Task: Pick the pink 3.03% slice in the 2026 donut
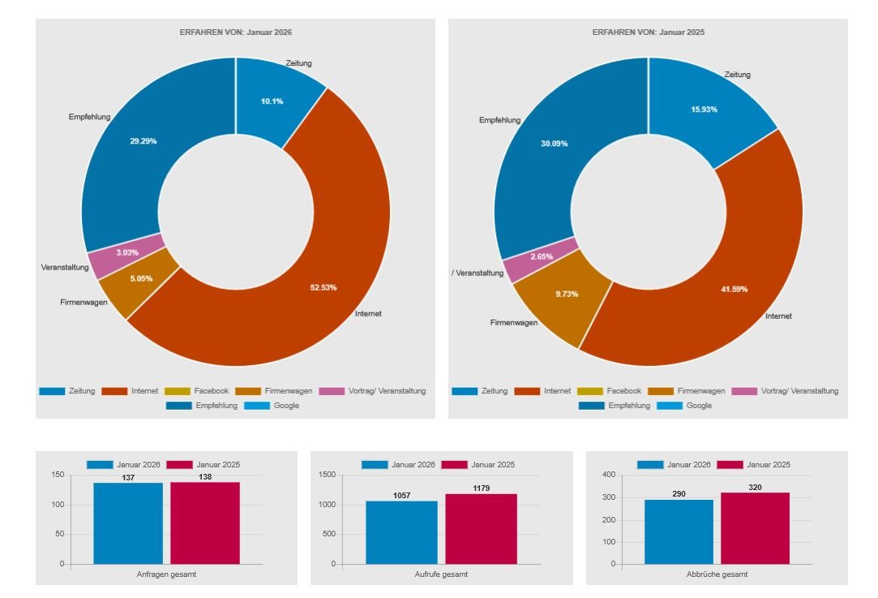click(126, 253)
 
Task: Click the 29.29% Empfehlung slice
click(143, 141)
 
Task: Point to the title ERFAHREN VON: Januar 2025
click(648, 32)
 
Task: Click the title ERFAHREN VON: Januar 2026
click(235, 32)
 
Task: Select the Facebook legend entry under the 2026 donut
click(197, 391)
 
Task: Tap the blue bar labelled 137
click(128, 523)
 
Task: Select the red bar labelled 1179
click(481, 529)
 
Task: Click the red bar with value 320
click(755, 528)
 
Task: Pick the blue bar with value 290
click(679, 531)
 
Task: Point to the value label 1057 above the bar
click(402, 495)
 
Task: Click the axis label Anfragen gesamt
click(167, 574)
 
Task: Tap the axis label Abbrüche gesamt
click(717, 574)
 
